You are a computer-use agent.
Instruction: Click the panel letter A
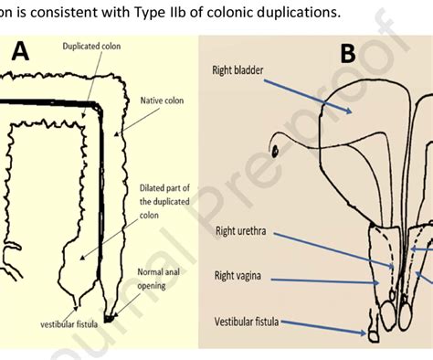pyautogui.click(x=20, y=53)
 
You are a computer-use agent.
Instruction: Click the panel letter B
pyautogui.click(x=349, y=54)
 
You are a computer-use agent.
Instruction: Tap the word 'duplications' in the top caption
pyautogui.click(x=293, y=12)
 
